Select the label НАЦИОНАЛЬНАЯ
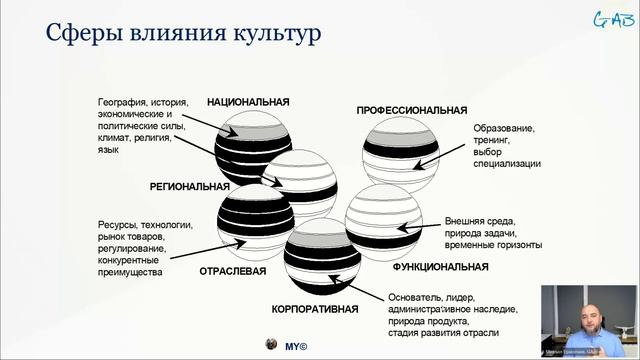point(248,102)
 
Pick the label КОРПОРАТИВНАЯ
point(315,309)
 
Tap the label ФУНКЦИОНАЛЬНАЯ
point(440,267)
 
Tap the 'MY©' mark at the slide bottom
point(295,345)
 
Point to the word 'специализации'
point(508,163)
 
